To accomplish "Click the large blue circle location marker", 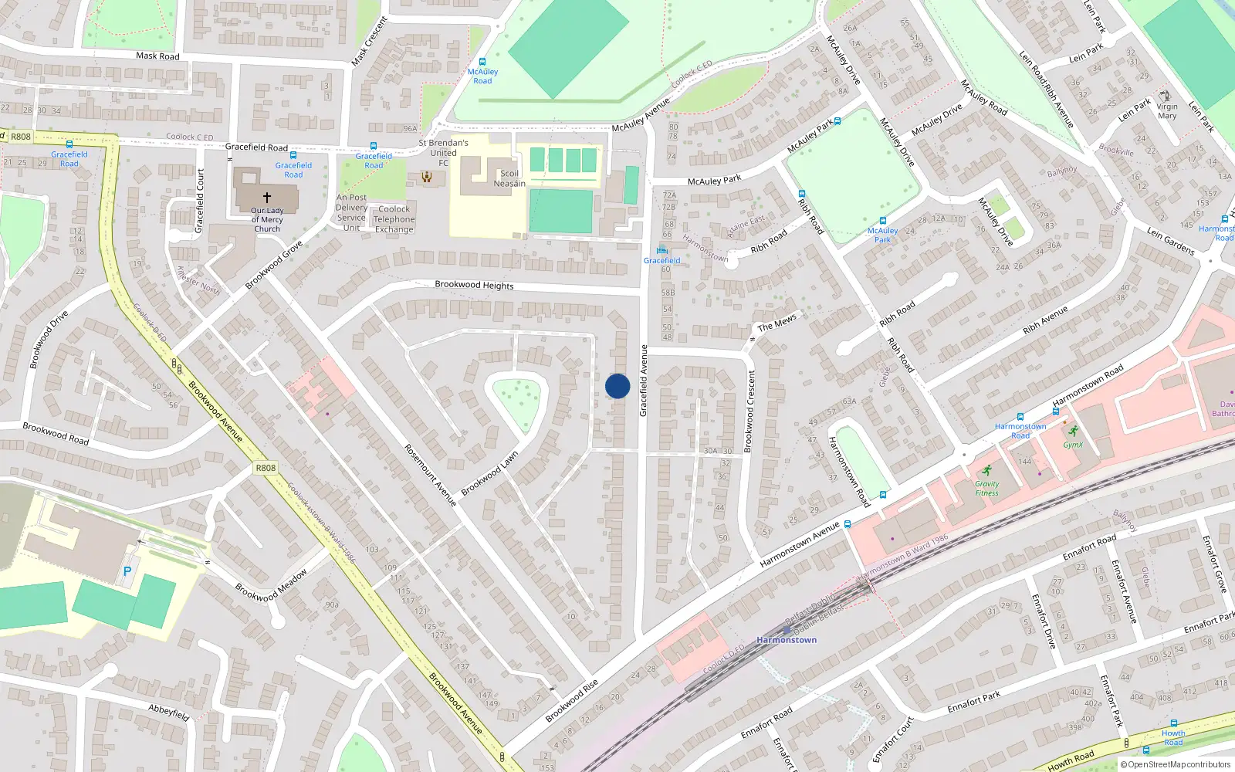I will (x=617, y=386).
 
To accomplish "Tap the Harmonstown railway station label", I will (x=787, y=640).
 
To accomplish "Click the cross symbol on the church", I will (x=267, y=198).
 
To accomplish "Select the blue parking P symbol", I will (x=127, y=572).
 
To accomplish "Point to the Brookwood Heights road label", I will (x=474, y=285).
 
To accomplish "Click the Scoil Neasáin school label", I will (x=509, y=178).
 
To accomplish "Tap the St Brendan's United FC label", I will (x=443, y=152).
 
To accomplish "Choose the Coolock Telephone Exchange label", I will (x=394, y=219).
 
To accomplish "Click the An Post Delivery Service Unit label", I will (x=351, y=212).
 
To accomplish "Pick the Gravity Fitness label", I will (x=986, y=489).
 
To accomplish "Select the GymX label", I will (x=1073, y=445).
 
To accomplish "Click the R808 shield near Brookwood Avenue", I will (x=265, y=468).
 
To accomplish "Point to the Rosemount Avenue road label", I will (x=431, y=475).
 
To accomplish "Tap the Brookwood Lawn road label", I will (x=489, y=474).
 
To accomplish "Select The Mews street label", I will (x=777, y=323).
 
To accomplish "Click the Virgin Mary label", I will (x=1167, y=111).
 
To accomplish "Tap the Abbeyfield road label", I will (x=169, y=712).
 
